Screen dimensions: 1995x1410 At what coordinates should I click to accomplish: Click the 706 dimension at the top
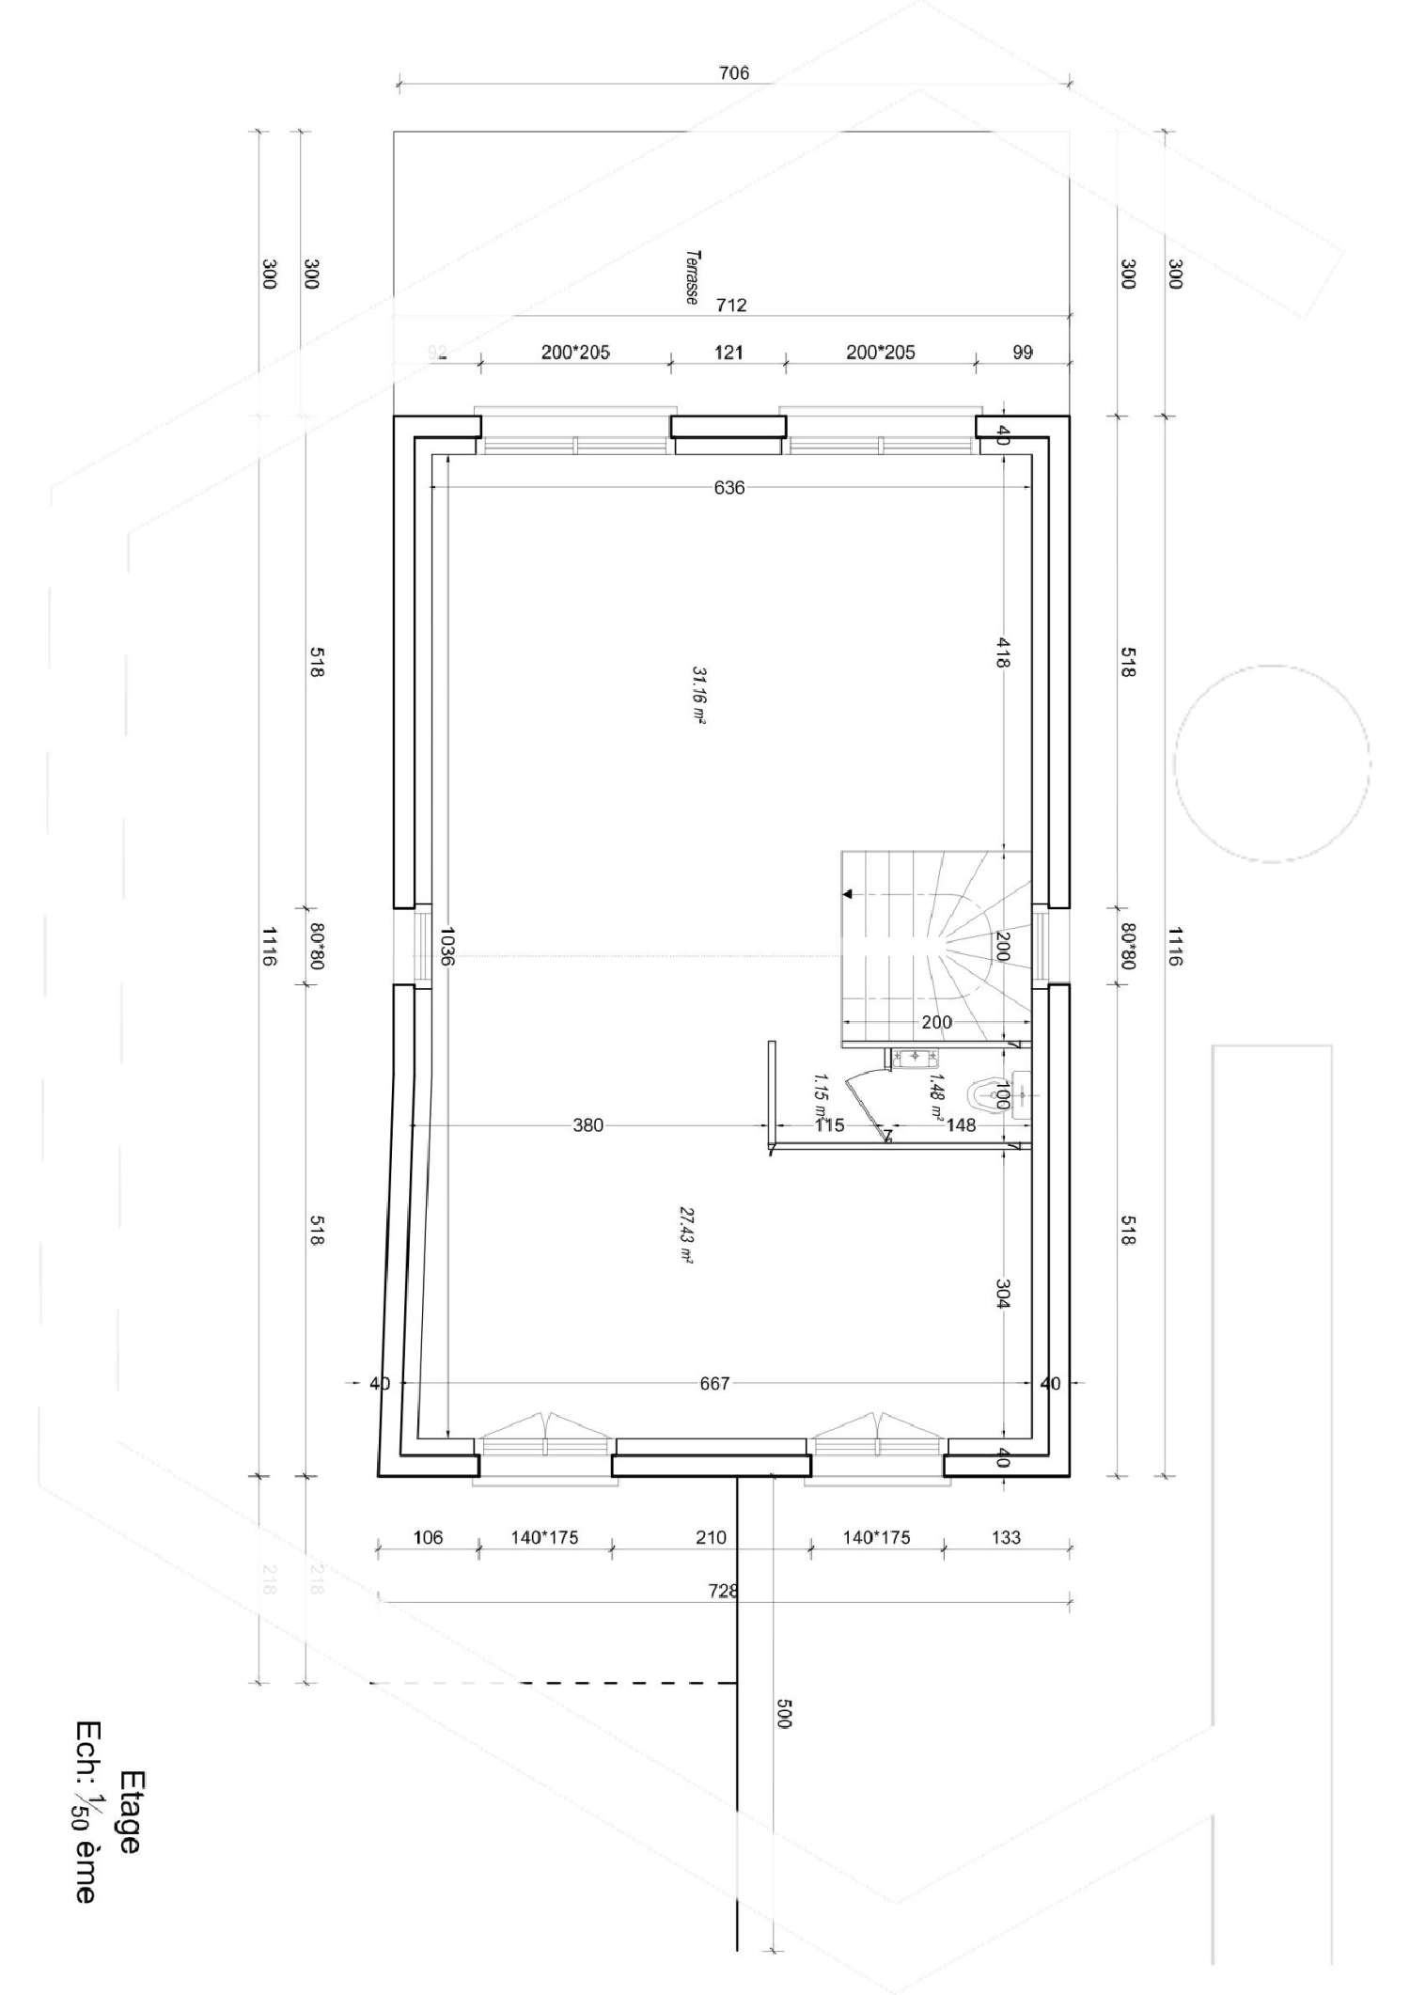point(733,72)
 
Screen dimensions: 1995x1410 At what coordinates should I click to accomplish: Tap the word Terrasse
point(692,276)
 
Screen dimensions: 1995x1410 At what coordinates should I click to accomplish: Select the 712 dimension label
point(731,305)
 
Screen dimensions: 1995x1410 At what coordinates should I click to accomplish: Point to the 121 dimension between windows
point(728,353)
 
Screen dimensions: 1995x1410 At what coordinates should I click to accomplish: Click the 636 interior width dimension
point(728,488)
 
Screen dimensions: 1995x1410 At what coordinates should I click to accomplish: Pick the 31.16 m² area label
point(698,695)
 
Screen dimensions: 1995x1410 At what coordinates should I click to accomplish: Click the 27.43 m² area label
point(685,1234)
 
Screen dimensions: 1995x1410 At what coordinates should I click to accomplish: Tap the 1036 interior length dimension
point(446,947)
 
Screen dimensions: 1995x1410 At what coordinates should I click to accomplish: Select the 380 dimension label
point(587,1124)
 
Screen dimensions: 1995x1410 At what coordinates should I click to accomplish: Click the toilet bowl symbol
point(989,1094)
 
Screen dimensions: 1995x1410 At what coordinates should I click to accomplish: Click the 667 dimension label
point(714,1383)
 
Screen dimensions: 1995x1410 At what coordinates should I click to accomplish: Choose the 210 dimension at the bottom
point(711,1537)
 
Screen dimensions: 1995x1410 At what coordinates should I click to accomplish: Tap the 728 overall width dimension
point(723,1591)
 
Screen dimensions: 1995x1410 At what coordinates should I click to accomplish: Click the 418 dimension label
point(1002,652)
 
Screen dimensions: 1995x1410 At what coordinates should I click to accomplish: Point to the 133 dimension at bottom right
point(1006,1537)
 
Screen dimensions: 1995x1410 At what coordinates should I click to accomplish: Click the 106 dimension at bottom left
point(428,1537)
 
